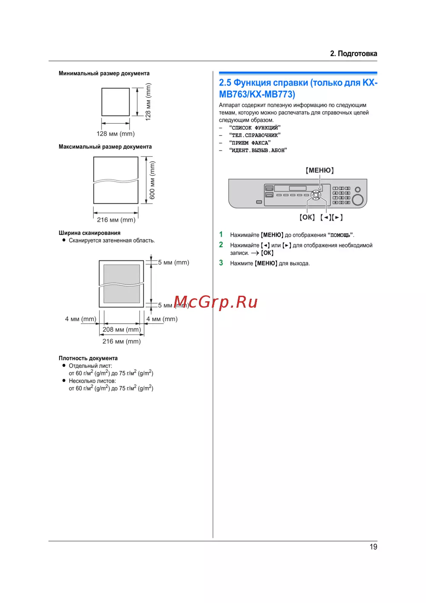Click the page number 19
(x=373, y=547)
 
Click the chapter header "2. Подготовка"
(x=353, y=54)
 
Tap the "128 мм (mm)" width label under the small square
(x=115, y=134)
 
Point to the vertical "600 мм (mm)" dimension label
(x=153, y=180)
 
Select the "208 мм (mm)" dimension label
(x=121, y=329)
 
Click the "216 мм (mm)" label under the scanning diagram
(x=121, y=341)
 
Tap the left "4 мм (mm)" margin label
(x=81, y=319)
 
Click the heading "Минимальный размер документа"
(x=104, y=73)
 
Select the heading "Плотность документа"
(x=88, y=358)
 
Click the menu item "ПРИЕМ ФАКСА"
(x=250, y=143)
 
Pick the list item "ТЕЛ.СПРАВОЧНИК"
(x=255, y=135)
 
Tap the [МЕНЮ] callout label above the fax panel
(x=319, y=170)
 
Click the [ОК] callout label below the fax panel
(x=307, y=217)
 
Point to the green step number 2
(x=221, y=245)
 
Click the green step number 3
(x=221, y=263)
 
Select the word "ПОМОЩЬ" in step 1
(x=340, y=235)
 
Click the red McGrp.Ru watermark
(x=216, y=302)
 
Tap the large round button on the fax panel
(x=358, y=199)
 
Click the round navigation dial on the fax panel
(x=316, y=195)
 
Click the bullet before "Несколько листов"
(x=64, y=381)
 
